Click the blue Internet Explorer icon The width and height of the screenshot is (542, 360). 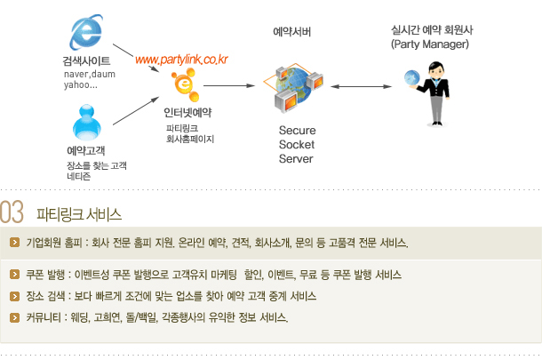coord(86,33)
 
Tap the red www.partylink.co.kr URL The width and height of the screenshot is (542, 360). coord(181,60)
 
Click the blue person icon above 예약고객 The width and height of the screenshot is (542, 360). coord(87,123)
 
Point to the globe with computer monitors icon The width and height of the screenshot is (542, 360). coord(293,88)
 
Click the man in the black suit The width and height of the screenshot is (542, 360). coord(434,93)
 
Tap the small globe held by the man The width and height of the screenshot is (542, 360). coord(412,78)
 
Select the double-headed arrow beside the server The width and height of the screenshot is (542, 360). coord(361,86)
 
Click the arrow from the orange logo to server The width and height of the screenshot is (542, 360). coord(229,85)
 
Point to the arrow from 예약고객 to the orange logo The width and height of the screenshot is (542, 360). coord(136,110)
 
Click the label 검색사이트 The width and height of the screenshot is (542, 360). coord(86,60)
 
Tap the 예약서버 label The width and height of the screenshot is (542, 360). coord(292,32)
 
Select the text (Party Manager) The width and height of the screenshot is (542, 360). coord(430,44)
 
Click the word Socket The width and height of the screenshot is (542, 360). coord(297,144)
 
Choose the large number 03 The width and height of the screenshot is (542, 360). coord(12,212)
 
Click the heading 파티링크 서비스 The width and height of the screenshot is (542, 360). coord(79,214)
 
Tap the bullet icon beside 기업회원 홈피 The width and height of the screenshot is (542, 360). coord(14,243)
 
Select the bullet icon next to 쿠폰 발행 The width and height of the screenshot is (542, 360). coord(14,275)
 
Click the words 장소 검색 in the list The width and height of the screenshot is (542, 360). coord(45,296)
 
